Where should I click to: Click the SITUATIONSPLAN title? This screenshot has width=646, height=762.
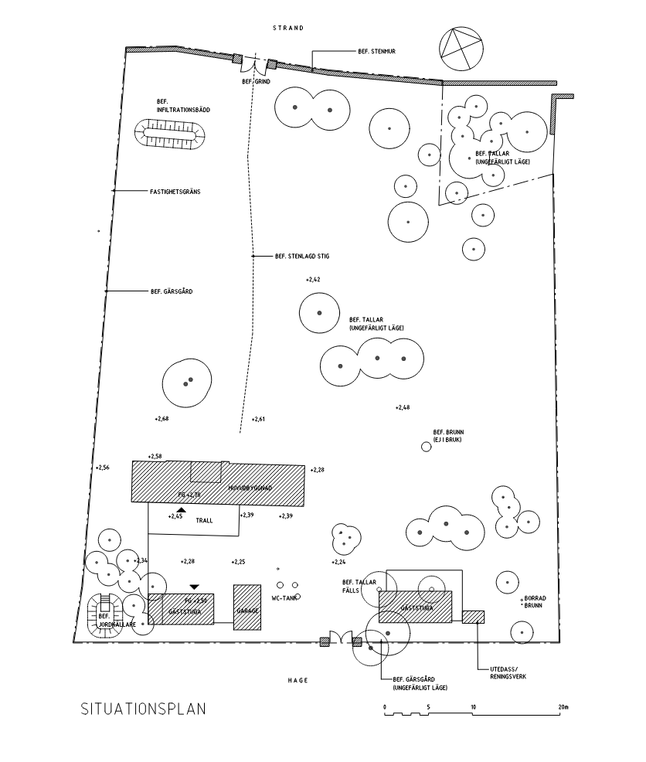144,709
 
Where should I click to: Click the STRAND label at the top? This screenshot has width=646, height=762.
288,28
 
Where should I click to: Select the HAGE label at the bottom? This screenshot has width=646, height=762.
297,680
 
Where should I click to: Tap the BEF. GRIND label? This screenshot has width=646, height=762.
256,81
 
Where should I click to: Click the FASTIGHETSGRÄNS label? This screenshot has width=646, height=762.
175,191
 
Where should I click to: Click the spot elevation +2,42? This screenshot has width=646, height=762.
313,280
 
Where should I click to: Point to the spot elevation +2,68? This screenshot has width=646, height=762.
161,418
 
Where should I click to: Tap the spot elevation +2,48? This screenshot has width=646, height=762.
403,407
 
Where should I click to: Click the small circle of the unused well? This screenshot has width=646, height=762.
426,447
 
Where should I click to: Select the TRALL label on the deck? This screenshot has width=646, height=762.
204,520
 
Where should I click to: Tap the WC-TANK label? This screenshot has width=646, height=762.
283,597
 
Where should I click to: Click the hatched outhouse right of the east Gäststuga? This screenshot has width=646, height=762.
473,616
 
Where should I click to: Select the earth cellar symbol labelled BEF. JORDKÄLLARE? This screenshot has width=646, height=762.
102,616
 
